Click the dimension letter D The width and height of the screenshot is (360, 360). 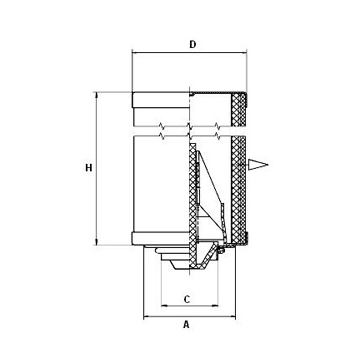(192, 44)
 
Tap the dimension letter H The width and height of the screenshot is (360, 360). (88, 168)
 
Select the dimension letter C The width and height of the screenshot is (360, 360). (187, 299)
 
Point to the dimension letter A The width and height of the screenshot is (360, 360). (186, 324)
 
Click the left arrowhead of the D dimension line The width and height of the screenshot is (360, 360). (136, 52)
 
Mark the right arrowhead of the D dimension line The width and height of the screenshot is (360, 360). (243, 52)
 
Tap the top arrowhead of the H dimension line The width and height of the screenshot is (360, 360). (97, 96)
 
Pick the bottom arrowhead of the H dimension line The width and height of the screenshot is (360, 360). (97, 242)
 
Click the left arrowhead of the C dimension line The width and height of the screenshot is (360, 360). (165, 305)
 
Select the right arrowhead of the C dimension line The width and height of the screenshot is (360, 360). (215, 305)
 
